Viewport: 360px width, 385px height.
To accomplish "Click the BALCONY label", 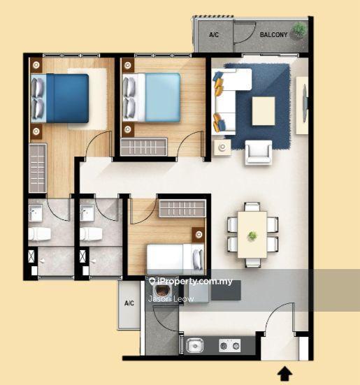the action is coord(273,35).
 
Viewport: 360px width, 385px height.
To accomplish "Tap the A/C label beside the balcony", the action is coord(214,35).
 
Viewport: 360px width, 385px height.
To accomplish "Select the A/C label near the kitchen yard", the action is coord(129,303).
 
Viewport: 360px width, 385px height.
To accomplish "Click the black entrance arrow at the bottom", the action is coord(285,374).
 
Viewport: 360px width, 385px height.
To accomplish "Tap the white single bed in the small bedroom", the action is coord(175,259).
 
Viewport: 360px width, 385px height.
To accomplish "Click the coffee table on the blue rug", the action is coord(264,111).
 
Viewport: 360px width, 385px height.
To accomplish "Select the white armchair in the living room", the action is coord(259,152).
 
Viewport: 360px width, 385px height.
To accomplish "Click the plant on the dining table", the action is coord(252,236).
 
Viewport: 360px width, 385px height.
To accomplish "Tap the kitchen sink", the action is coord(195,345).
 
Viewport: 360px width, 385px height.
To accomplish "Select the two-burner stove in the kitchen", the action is coord(229,345).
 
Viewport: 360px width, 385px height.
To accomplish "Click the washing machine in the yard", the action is coord(161,292).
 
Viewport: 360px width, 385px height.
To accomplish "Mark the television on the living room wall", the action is coord(305,103).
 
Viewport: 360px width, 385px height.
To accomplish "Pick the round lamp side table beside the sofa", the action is coord(222,147).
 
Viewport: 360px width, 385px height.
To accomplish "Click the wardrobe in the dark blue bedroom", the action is coord(38,168).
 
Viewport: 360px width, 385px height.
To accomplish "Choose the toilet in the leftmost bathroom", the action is coord(40,234).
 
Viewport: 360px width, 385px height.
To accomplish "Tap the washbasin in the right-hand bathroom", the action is coord(86,213).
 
